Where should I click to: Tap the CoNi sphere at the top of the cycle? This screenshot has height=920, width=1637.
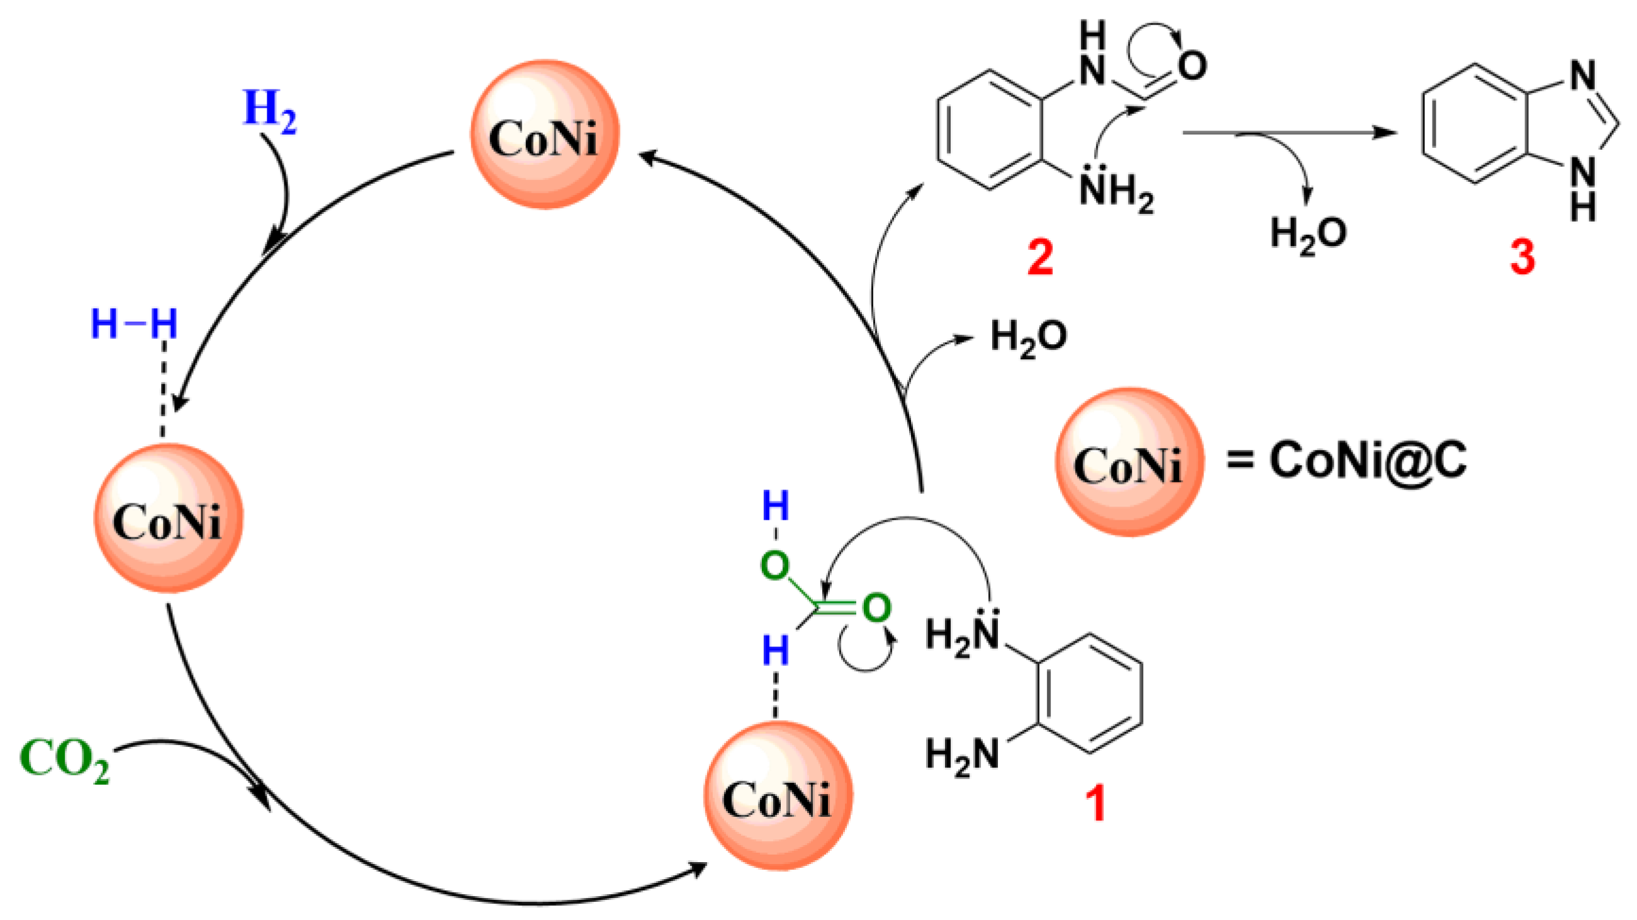[544, 134]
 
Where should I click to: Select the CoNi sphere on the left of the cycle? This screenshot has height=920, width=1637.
[169, 517]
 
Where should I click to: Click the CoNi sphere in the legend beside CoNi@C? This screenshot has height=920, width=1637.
[1129, 463]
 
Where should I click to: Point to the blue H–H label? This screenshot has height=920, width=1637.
[133, 324]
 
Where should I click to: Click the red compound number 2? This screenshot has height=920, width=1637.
[1041, 257]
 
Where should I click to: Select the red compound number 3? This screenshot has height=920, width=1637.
[1522, 257]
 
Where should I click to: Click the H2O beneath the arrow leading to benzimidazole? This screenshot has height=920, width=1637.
[1308, 233]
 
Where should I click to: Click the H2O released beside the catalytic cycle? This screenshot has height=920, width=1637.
[1028, 336]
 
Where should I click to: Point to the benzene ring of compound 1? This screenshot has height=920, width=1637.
[1090, 693]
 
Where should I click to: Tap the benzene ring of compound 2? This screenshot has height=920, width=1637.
[990, 130]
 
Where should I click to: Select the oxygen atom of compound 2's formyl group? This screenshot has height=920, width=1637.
[1192, 65]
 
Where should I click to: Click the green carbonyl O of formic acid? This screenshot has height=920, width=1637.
[877, 609]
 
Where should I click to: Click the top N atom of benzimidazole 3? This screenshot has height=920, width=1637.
[1582, 76]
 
